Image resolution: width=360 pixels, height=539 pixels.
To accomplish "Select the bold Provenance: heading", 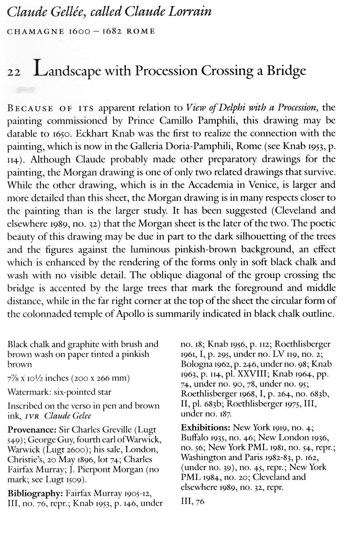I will click(31, 430).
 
